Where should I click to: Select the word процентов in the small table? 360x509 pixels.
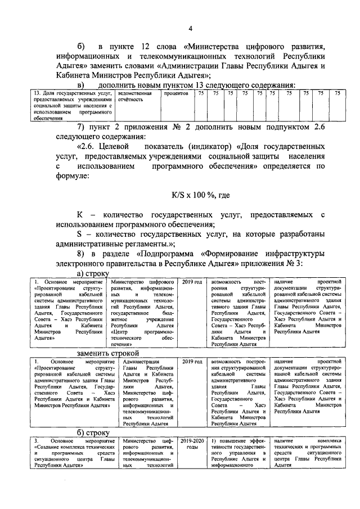[x=175, y=93]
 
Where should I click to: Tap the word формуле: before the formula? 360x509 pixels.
[x=73, y=176]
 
